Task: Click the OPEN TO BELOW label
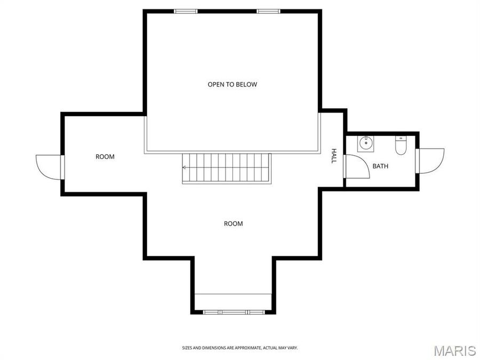click(x=232, y=84)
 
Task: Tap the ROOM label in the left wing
click(x=105, y=157)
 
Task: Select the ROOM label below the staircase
click(x=233, y=223)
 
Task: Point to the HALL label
click(x=334, y=155)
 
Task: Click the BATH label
click(x=380, y=166)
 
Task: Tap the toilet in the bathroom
click(x=401, y=145)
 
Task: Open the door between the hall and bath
click(x=356, y=166)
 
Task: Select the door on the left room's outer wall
click(x=49, y=167)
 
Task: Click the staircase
click(x=227, y=168)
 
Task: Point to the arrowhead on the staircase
click(x=185, y=167)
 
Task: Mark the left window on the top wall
click(x=186, y=11)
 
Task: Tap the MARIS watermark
click(x=454, y=350)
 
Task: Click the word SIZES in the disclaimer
click(x=188, y=348)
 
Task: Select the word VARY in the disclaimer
click(x=292, y=348)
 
